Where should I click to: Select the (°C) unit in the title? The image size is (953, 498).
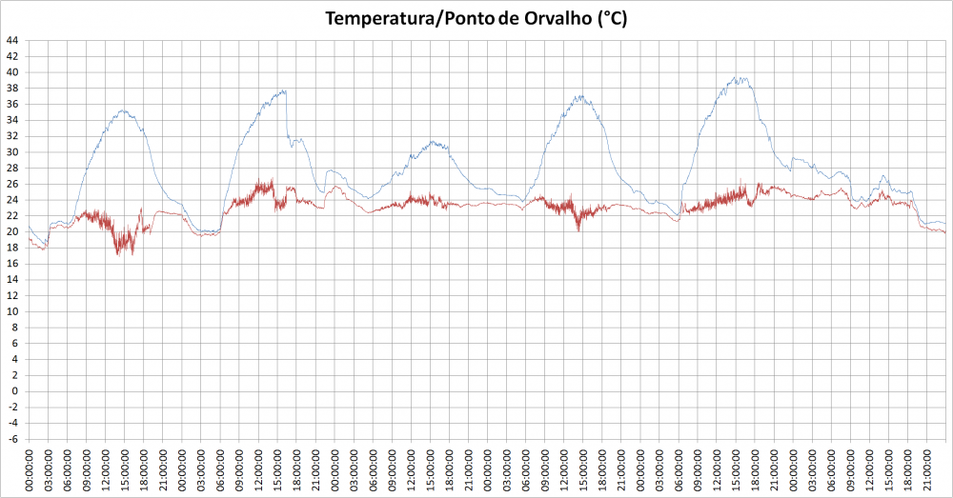[612, 19]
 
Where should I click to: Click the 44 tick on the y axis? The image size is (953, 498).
[12, 40]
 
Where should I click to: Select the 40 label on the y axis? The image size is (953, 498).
[12, 72]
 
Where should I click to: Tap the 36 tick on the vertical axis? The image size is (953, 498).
[12, 104]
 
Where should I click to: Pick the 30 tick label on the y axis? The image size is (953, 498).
[12, 152]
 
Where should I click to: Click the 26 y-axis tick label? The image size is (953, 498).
[12, 184]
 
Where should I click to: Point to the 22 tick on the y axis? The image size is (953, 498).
[12, 216]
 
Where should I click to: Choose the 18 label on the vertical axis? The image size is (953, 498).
[12, 248]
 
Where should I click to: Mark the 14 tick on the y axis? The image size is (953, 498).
[12, 280]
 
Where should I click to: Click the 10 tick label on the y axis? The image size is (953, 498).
[12, 311]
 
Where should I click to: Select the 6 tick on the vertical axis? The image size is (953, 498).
[15, 344]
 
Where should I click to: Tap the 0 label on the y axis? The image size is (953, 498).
[15, 391]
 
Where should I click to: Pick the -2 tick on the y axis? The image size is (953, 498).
[13, 408]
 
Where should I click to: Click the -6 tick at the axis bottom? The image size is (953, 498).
[13, 439]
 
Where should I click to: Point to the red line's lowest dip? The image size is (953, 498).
[118, 254]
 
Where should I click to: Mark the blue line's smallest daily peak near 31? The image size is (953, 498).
[435, 142]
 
